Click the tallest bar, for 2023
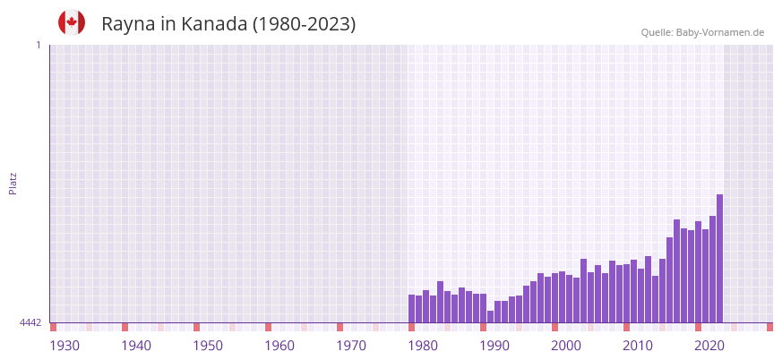tap(719, 259)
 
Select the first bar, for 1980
tap(411, 309)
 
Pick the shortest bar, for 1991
tap(490, 317)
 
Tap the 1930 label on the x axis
tap(64, 346)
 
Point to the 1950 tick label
tap(208, 346)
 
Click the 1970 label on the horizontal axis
tap(351, 346)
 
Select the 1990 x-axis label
tap(494, 346)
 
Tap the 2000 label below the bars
tap(566, 346)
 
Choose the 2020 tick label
tap(709, 346)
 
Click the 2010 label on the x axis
tap(638, 346)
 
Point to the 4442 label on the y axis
tap(30, 322)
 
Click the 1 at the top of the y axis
tap(38, 45)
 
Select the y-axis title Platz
tap(13, 183)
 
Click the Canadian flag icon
tap(72, 22)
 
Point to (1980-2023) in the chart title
tap(304, 24)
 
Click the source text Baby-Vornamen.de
tap(719, 32)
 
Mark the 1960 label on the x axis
tap(279, 346)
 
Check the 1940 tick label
tap(136, 346)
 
